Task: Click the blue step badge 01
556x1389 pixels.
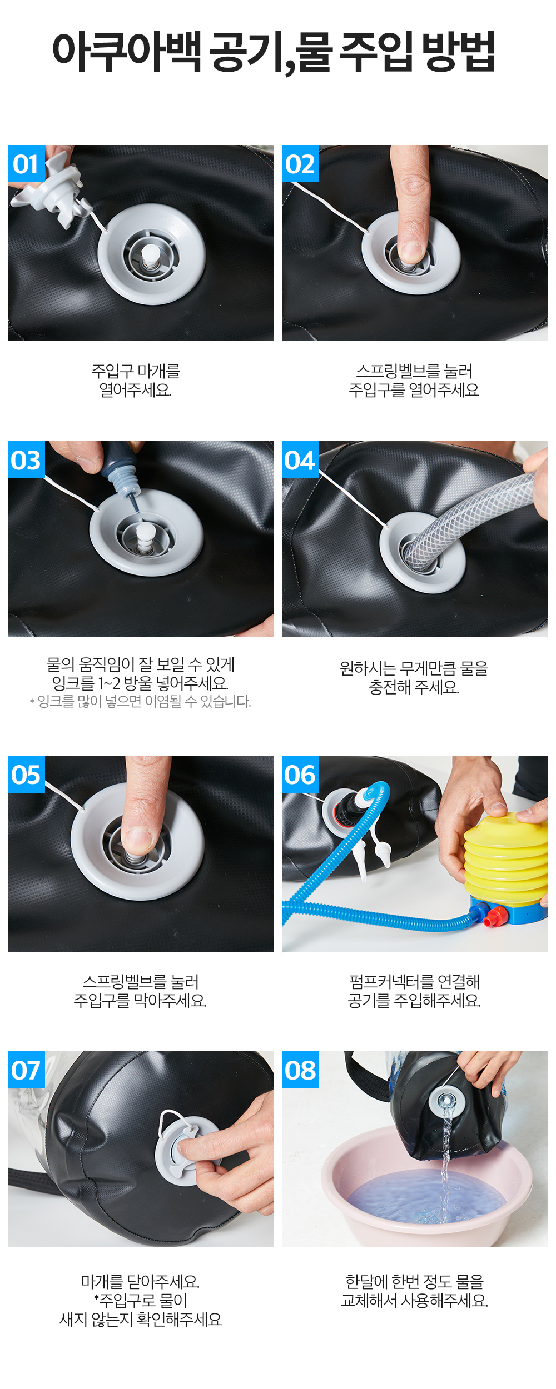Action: (26, 164)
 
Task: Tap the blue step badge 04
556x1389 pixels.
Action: (300, 460)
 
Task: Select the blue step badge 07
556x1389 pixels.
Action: (26, 1070)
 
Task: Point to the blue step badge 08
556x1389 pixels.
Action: (300, 1070)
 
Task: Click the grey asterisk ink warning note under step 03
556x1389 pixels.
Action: (140, 701)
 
